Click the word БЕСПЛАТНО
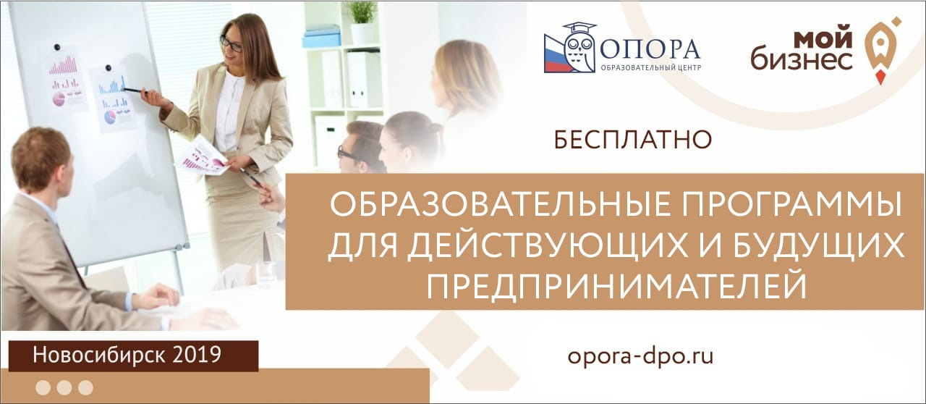(x=632, y=140)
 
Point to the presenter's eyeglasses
(x=231, y=43)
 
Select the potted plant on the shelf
(x=362, y=22)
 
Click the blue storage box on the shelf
(x=321, y=36)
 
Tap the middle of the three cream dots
(x=64, y=388)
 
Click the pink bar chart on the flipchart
(x=63, y=65)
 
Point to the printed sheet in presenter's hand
(x=203, y=155)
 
